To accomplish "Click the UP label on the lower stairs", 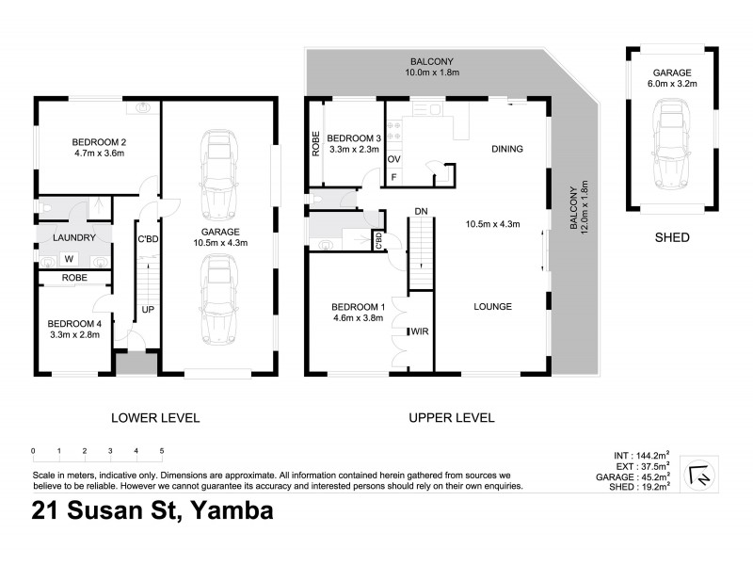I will point(148,309).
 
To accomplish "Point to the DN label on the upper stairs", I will point(422,211).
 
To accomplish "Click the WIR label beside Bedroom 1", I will point(420,331).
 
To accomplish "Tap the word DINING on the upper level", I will point(506,149).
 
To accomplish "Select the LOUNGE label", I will point(493,306).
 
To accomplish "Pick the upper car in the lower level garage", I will point(217,166).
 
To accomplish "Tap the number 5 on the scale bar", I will point(162,451).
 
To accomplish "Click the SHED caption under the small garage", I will point(672,238).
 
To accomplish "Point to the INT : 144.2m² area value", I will point(639,454).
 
